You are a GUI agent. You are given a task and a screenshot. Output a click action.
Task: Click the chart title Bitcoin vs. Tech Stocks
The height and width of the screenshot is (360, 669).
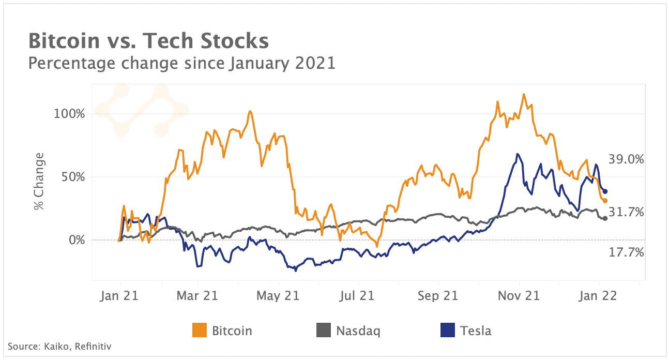tap(148, 41)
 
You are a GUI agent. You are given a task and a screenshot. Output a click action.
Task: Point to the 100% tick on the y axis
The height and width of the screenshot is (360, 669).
tap(70, 113)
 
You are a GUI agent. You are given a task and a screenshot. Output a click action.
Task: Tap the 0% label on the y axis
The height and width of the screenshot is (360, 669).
tap(77, 240)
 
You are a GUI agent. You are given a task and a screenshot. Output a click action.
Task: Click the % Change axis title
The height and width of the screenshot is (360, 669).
tap(39, 181)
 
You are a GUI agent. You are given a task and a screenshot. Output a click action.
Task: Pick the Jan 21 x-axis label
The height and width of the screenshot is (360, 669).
tap(119, 296)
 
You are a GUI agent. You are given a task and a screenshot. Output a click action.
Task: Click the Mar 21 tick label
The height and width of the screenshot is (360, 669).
tap(198, 296)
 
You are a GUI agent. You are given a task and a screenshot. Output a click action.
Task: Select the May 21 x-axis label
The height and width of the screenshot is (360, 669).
tap(279, 296)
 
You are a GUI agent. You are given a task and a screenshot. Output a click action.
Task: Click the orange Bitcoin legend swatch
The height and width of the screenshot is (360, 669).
tap(200, 331)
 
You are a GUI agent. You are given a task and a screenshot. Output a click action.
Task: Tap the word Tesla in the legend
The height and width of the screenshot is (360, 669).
tap(476, 331)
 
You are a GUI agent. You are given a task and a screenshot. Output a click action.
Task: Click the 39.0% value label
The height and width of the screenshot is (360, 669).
tap(626, 160)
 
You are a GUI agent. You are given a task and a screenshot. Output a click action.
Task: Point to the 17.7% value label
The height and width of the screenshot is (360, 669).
tap(626, 252)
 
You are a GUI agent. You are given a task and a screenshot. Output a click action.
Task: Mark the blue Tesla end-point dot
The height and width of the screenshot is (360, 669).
tap(605, 192)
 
